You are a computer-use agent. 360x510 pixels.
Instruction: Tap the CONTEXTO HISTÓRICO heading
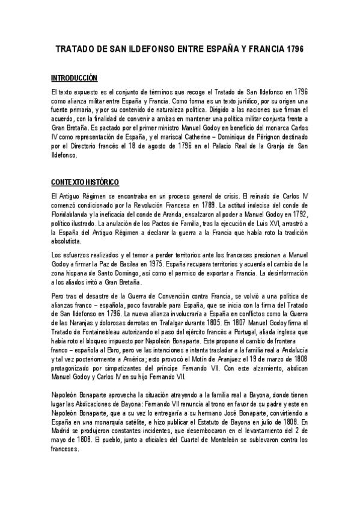click(x=85, y=182)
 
